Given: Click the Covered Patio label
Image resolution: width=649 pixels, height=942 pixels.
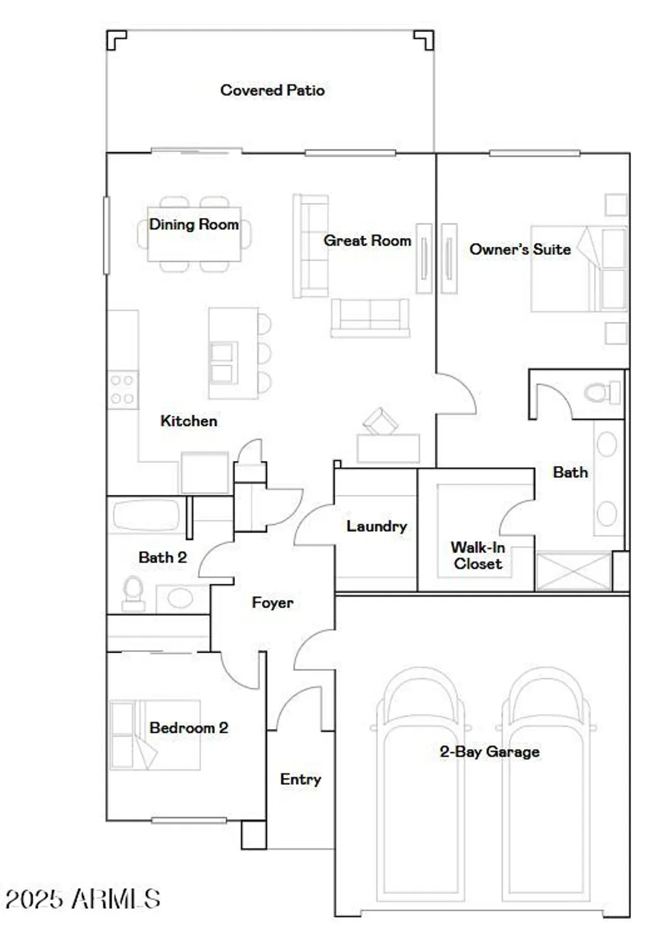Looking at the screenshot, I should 272,90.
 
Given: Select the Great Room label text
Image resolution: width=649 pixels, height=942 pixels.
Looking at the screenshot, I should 367,241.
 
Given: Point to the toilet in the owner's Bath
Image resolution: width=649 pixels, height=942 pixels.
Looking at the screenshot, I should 602,393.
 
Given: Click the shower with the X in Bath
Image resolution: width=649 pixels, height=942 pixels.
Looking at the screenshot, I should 573,571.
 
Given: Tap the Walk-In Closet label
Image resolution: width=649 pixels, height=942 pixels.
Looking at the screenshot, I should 477,556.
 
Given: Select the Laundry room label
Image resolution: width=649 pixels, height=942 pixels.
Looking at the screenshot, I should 376,526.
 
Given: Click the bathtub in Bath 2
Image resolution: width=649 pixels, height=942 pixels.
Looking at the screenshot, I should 146,515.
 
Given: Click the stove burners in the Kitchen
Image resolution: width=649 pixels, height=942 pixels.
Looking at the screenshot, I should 123,389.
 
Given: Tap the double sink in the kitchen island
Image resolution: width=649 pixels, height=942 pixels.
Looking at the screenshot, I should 223,363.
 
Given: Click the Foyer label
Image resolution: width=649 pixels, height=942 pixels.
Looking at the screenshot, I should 272,603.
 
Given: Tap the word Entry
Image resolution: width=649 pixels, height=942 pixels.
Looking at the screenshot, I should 300,779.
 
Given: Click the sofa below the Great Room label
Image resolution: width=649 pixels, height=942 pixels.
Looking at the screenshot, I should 370,317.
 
